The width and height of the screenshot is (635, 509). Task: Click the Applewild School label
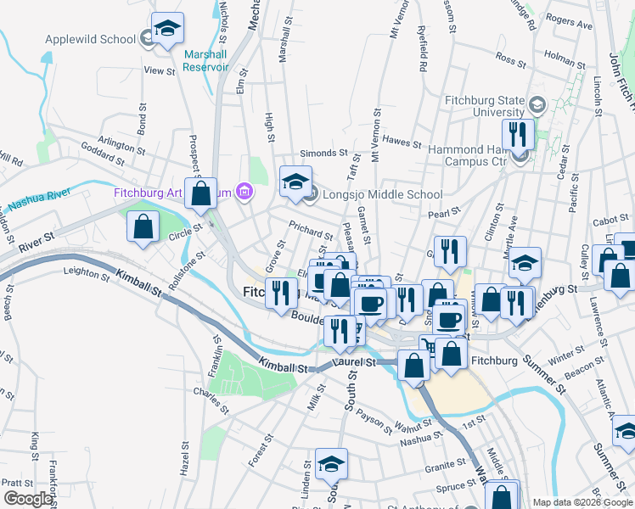90,39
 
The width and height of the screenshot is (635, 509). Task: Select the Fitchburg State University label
485,105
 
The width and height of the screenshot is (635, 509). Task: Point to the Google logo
27,499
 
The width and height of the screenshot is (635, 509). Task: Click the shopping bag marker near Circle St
143,227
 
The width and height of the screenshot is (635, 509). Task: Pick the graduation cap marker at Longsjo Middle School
295,182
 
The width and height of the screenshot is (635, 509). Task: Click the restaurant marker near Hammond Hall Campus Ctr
517,133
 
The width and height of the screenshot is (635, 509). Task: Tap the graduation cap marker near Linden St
331,463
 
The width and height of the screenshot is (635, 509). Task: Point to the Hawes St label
402,142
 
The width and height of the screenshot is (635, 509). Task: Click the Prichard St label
310,231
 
